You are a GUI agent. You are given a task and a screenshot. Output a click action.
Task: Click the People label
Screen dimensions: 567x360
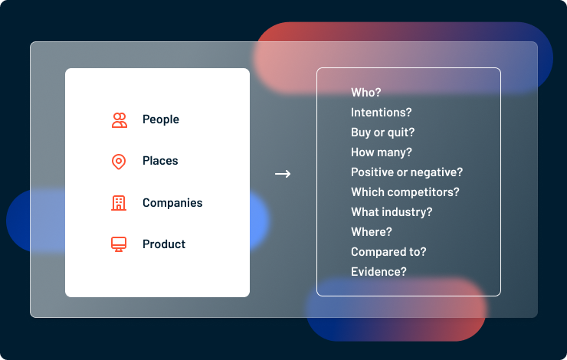point(161,119)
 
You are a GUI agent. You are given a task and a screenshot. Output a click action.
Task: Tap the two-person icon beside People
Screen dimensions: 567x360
point(120,120)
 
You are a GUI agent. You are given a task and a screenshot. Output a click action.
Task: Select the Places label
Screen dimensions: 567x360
point(160,161)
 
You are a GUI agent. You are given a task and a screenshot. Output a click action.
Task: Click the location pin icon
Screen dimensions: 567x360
point(119,162)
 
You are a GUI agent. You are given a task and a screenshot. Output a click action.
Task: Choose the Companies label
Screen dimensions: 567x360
point(172,203)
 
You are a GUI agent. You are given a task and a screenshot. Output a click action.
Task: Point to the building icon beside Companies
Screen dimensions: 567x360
point(119,203)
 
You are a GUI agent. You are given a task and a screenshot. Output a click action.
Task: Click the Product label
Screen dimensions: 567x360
point(164,244)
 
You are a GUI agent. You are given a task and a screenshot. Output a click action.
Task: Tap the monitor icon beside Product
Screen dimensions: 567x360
point(119,244)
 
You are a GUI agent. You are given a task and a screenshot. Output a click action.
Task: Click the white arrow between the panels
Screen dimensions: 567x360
point(283,174)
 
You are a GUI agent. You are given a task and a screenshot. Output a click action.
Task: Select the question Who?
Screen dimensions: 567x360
point(366,93)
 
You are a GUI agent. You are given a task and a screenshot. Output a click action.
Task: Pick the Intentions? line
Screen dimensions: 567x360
point(381,113)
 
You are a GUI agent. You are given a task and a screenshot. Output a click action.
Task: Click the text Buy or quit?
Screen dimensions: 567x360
point(382,133)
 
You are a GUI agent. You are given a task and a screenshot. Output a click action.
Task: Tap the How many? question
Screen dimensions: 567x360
point(381,152)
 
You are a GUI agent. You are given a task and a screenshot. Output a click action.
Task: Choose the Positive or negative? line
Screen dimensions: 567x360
point(407,172)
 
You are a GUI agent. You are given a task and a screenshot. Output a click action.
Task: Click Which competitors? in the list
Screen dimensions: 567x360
point(405,192)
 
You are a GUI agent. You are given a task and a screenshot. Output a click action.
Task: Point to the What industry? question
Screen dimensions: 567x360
point(392,212)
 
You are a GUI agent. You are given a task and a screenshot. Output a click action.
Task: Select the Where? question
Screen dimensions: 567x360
point(372,231)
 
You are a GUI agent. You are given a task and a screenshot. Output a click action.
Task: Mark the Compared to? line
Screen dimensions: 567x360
point(388,252)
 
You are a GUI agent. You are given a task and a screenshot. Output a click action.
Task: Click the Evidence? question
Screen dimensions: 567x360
point(379,272)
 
